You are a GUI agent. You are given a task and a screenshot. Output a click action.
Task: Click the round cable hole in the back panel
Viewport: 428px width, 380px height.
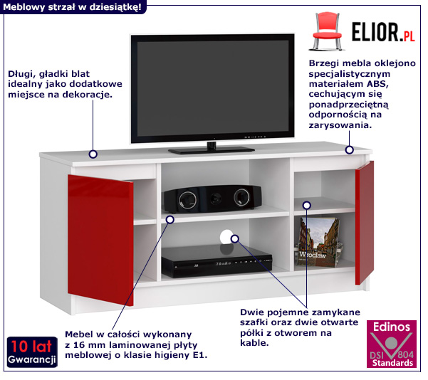point(227,237)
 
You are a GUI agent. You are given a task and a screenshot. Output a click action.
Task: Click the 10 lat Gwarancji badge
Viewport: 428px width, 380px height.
point(33,353)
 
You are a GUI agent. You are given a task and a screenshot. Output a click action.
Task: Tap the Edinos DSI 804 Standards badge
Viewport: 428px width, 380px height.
point(392,344)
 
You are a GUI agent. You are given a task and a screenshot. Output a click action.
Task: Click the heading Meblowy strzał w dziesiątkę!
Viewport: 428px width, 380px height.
point(72,6)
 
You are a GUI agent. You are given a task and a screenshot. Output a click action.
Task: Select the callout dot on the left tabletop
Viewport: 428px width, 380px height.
point(93,153)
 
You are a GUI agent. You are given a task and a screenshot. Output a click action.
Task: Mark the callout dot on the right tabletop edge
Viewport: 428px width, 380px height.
point(350,149)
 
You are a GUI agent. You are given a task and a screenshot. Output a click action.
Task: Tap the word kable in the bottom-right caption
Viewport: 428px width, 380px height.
point(254,343)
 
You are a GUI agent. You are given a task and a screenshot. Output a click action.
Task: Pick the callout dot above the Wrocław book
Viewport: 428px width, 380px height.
point(307,205)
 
